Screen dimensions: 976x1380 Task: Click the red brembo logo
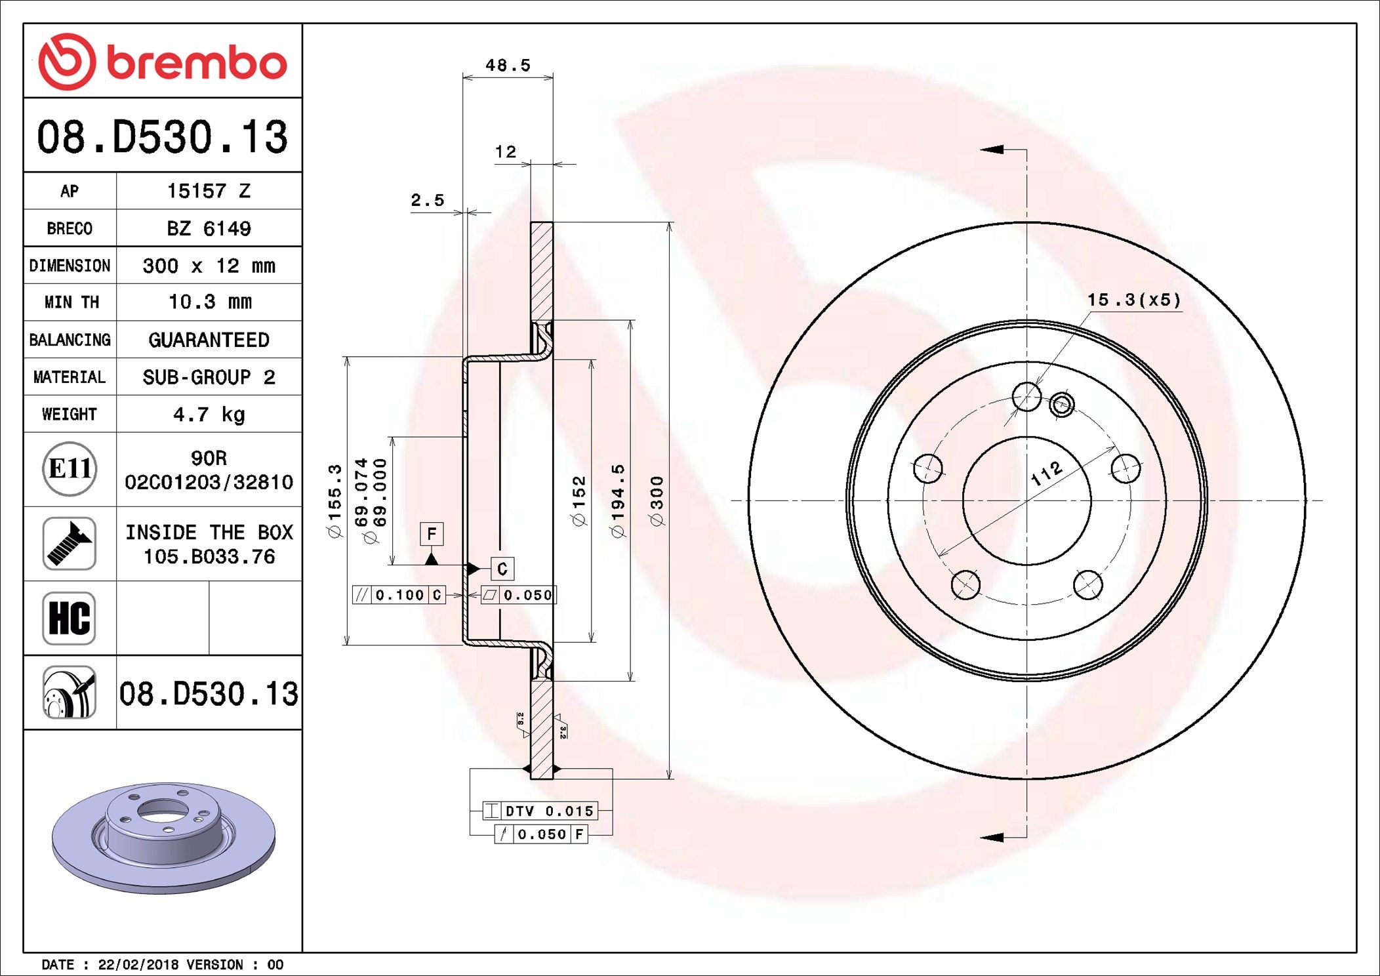click(x=163, y=62)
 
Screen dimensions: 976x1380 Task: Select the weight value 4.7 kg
click(x=209, y=415)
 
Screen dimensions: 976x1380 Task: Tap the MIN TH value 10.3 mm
click(x=210, y=302)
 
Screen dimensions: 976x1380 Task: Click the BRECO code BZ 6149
click(x=209, y=228)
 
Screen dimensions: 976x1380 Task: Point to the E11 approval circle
click(x=70, y=469)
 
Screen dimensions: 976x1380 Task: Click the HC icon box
click(x=70, y=618)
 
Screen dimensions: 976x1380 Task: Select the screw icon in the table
click(x=70, y=543)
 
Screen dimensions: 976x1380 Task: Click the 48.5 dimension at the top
click(x=508, y=66)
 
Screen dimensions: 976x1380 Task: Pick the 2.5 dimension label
click(x=427, y=200)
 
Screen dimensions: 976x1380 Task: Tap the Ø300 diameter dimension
click(x=657, y=501)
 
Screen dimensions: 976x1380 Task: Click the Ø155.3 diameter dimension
click(x=335, y=501)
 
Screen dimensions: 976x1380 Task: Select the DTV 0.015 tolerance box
click(x=540, y=811)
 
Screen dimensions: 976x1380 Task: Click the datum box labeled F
click(x=432, y=534)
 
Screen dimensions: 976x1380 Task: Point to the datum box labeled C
click(x=502, y=569)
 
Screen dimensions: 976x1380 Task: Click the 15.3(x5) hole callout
click(x=1133, y=300)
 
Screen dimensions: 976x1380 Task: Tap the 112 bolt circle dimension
click(x=1046, y=473)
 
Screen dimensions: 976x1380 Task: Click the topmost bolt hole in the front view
click(x=1026, y=397)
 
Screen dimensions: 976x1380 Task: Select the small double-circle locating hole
click(x=1062, y=405)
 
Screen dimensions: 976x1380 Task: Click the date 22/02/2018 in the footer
click(x=138, y=965)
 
